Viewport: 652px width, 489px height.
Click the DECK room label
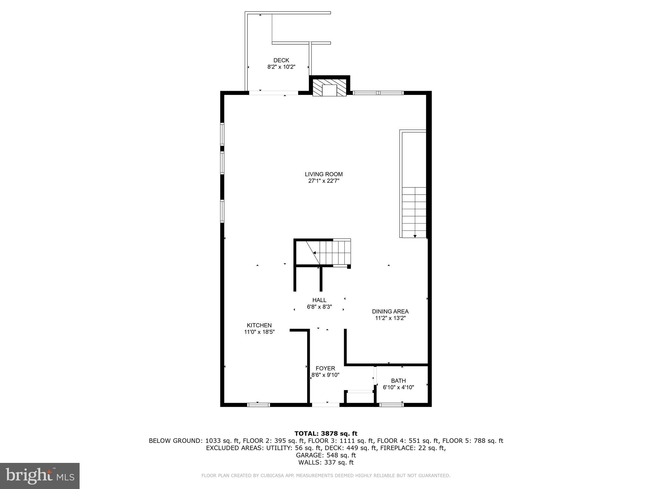(x=281, y=60)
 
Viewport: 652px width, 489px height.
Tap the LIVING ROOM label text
(x=323, y=174)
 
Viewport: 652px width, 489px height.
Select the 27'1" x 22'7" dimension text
(x=323, y=181)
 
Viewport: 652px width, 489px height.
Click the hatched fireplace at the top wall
(x=329, y=88)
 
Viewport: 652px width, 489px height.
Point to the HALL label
(x=319, y=300)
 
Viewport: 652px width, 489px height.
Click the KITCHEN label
(x=259, y=325)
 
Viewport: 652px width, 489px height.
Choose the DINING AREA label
(x=390, y=311)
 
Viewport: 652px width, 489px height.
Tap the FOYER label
(x=325, y=368)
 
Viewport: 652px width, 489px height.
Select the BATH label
(x=398, y=380)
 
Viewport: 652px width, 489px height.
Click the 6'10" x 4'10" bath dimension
(x=398, y=387)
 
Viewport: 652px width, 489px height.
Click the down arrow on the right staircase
(x=415, y=236)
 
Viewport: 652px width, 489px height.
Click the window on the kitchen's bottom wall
(x=259, y=405)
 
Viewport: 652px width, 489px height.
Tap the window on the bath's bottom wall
(x=392, y=405)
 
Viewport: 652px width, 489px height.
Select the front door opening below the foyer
(x=325, y=405)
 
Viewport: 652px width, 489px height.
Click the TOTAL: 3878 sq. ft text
(x=326, y=433)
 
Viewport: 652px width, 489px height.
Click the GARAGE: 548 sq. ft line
(x=326, y=455)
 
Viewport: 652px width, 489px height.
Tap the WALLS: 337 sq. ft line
(x=326, y=463)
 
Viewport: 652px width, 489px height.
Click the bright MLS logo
(x=40, y=476)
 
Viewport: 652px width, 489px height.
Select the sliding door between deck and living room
(x=273, y=93)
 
